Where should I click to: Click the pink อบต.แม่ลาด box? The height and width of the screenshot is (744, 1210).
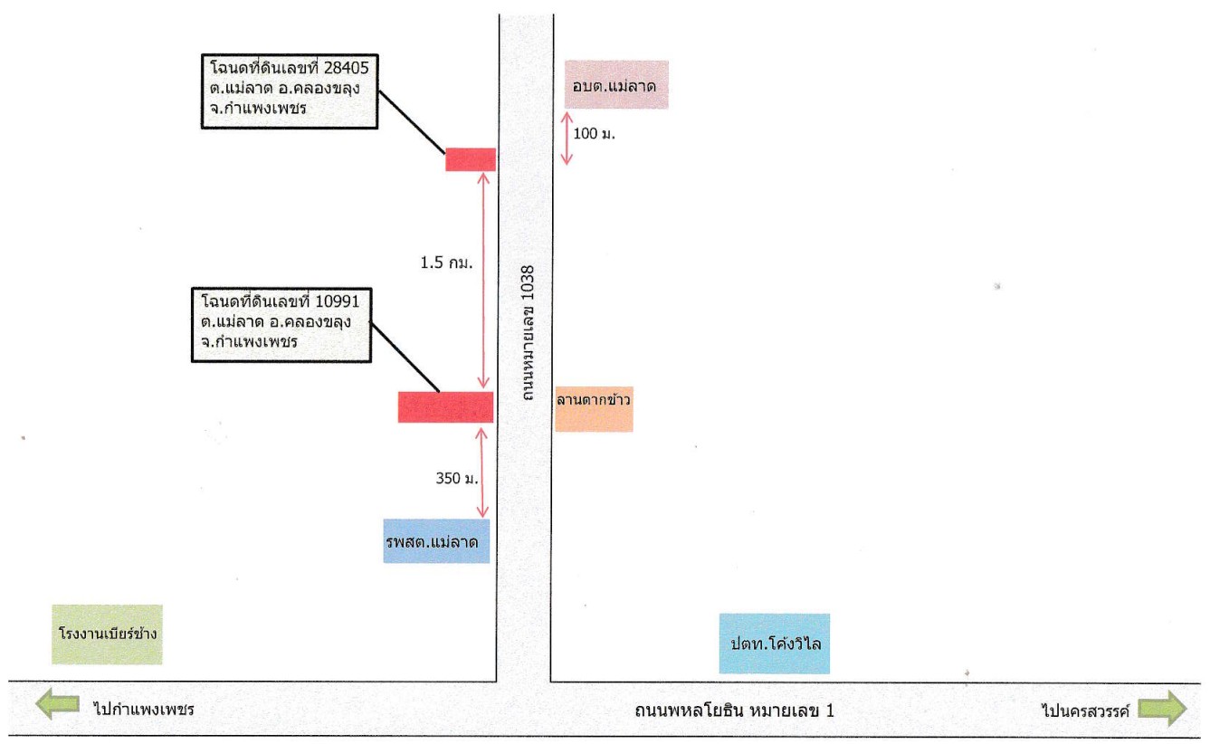click(x=616, y=85)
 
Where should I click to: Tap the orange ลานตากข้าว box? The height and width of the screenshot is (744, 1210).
click(x=594, y=409)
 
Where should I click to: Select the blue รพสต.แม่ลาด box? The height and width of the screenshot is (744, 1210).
click(x=436, y=541)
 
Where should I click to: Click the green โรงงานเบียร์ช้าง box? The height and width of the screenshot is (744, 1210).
click(x=107, y=634)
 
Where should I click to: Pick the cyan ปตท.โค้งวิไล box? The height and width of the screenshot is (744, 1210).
click(x=774, y=644)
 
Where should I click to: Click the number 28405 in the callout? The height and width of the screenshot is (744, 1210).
click(x=347, y=68)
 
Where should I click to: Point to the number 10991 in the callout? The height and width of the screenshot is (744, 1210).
click(x=337, y=301)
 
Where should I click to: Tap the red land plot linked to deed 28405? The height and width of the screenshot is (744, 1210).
click(x=471, y=159)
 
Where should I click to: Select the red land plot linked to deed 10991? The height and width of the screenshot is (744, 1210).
click(x=445, y=407)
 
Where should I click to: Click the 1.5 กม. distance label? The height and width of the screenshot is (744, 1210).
click(x=447, y=263)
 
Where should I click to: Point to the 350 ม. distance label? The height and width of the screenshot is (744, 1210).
click(x=457, y=478)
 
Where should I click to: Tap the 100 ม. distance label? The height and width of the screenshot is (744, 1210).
click(x=595, y=133)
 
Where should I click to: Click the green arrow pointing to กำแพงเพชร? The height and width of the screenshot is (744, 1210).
click(x=57, y=703)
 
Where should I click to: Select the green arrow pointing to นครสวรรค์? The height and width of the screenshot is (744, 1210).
click(x=1162, y=708)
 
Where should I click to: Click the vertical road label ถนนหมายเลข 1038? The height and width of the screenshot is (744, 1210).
click(x=528, y=333)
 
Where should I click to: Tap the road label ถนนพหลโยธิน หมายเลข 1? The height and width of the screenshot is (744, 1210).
click(x=734, y=711)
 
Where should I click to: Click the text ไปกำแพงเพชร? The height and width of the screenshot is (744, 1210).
click(x=144, y=709)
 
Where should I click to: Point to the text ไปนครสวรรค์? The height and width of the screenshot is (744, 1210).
click(x=1086, y=710)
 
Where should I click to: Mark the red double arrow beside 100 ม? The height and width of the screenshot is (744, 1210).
click(x=567, y=138)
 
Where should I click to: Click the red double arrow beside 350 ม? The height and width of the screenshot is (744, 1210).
click(x=481, y=472)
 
